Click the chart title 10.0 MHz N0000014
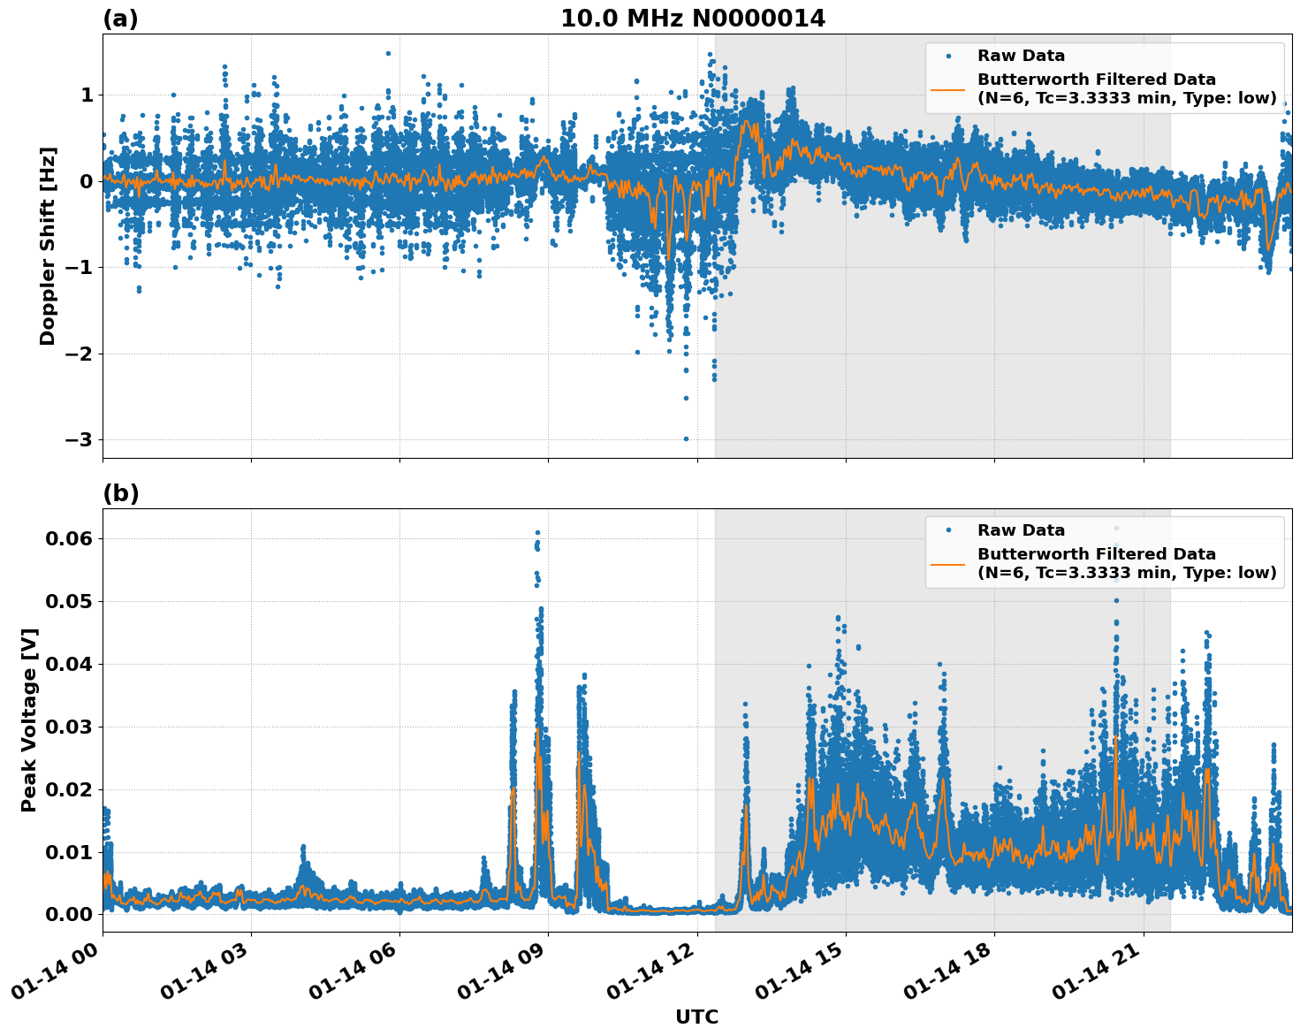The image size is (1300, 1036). (x=692, y=19)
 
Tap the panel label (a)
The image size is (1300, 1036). (x=120, y=19)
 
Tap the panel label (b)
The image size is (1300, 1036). (x=120, y=493)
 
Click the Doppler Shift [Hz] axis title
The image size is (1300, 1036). (x=48, y=246)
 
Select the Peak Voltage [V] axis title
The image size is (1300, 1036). (x=29, y=720)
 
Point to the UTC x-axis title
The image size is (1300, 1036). (x=696, y=1017)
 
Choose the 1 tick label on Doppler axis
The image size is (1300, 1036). (x=87, y=95)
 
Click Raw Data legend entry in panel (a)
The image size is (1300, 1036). (x=1021, y=56)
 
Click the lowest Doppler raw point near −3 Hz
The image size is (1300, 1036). (x=686, y=438)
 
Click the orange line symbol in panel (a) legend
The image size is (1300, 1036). (x=948, y=88)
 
